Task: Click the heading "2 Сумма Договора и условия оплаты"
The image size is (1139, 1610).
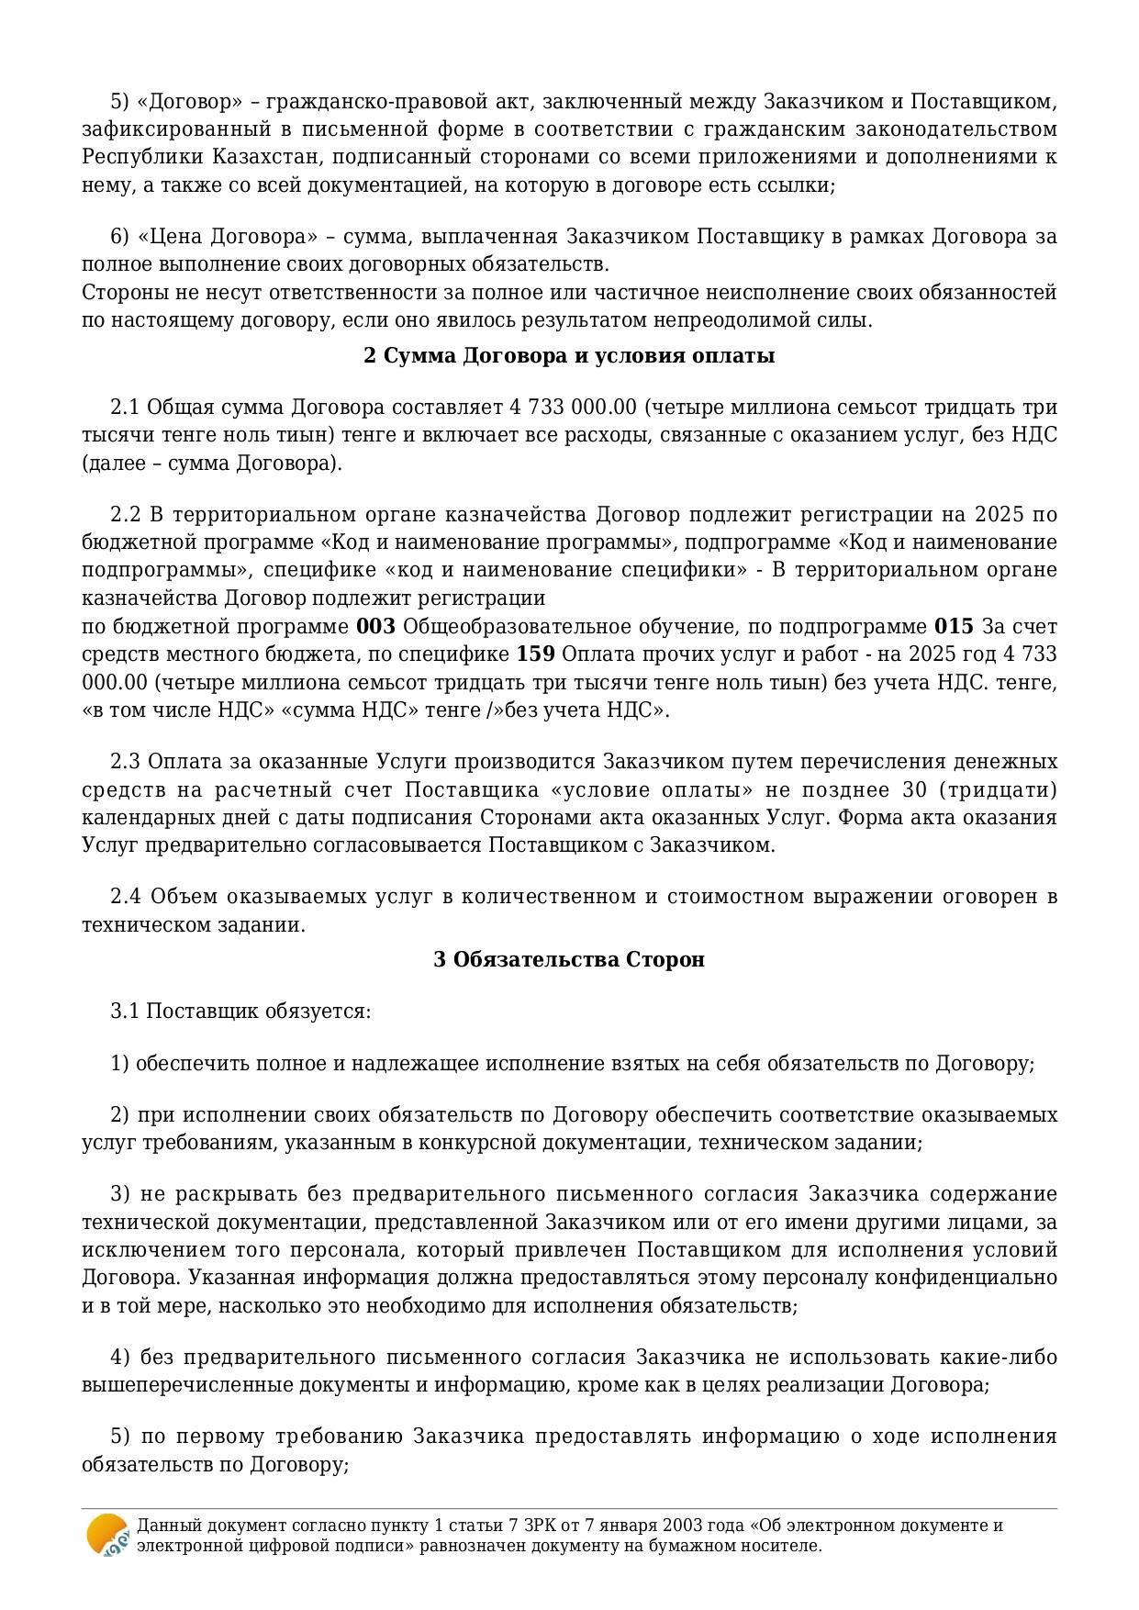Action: [569, 356]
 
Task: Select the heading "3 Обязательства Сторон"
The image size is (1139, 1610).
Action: [569, 960]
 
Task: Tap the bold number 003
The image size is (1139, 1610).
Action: [375, 627]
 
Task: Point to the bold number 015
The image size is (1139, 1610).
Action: [954, 627]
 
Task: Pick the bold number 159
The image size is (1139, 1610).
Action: [535, 654]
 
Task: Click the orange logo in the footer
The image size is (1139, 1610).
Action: [106, 1535]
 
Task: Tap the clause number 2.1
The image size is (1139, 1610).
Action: [125, 408]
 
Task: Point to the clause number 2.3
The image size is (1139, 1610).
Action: [125, 762]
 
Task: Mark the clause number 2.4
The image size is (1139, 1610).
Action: [126, 897]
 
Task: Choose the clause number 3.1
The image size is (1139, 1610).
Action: [125, 1012]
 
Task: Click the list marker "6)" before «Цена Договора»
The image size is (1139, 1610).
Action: [120, 237]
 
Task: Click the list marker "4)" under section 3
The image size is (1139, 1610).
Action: [120, 1358]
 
